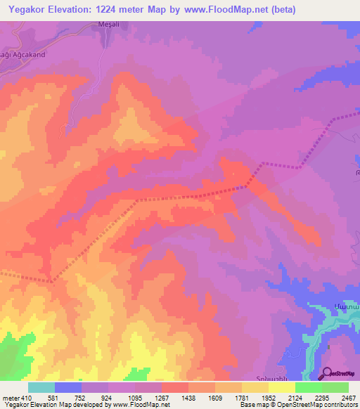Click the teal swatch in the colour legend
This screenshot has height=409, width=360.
click(41, 387)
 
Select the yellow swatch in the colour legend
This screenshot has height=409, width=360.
click(282, 387)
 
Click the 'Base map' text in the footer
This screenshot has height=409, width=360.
click(251, 405)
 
